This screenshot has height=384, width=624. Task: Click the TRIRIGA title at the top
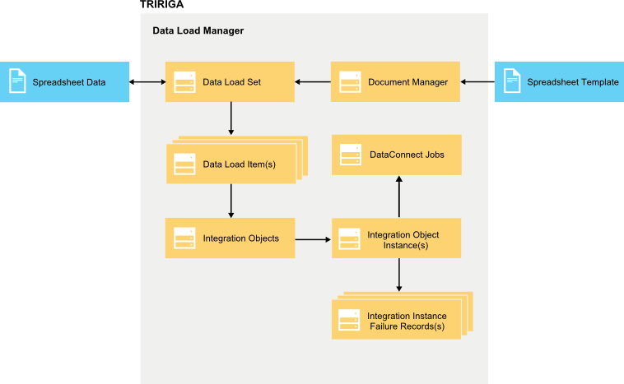pos(161,5)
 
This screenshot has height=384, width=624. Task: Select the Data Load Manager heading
pos(198,30)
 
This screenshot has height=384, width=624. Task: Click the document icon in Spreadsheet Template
pos(511,81)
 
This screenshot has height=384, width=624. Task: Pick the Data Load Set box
pos(230,82)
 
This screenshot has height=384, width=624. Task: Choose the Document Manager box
pos(395,82)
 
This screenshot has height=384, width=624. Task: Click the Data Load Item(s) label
pos(239,164)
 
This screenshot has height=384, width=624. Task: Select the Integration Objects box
pos(230,238)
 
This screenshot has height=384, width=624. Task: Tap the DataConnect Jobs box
pos(396,155)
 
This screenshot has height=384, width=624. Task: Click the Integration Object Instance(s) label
pos(403,239)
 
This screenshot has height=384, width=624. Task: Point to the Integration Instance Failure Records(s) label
pos(406,322)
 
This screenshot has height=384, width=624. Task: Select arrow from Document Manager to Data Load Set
pos(313,82)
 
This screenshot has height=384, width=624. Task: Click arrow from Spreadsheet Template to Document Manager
pos(477,82)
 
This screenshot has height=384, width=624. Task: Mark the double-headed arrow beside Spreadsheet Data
pos(147,82)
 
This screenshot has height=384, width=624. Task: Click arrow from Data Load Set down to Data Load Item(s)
pos(231,118)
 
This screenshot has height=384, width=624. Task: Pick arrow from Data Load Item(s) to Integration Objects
pos(231,200)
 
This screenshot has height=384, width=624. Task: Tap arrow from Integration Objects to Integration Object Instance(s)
pos(313,239)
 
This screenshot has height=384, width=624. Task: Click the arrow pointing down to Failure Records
pos(399,275)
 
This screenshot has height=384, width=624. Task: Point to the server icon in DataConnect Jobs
pos(351,155)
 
